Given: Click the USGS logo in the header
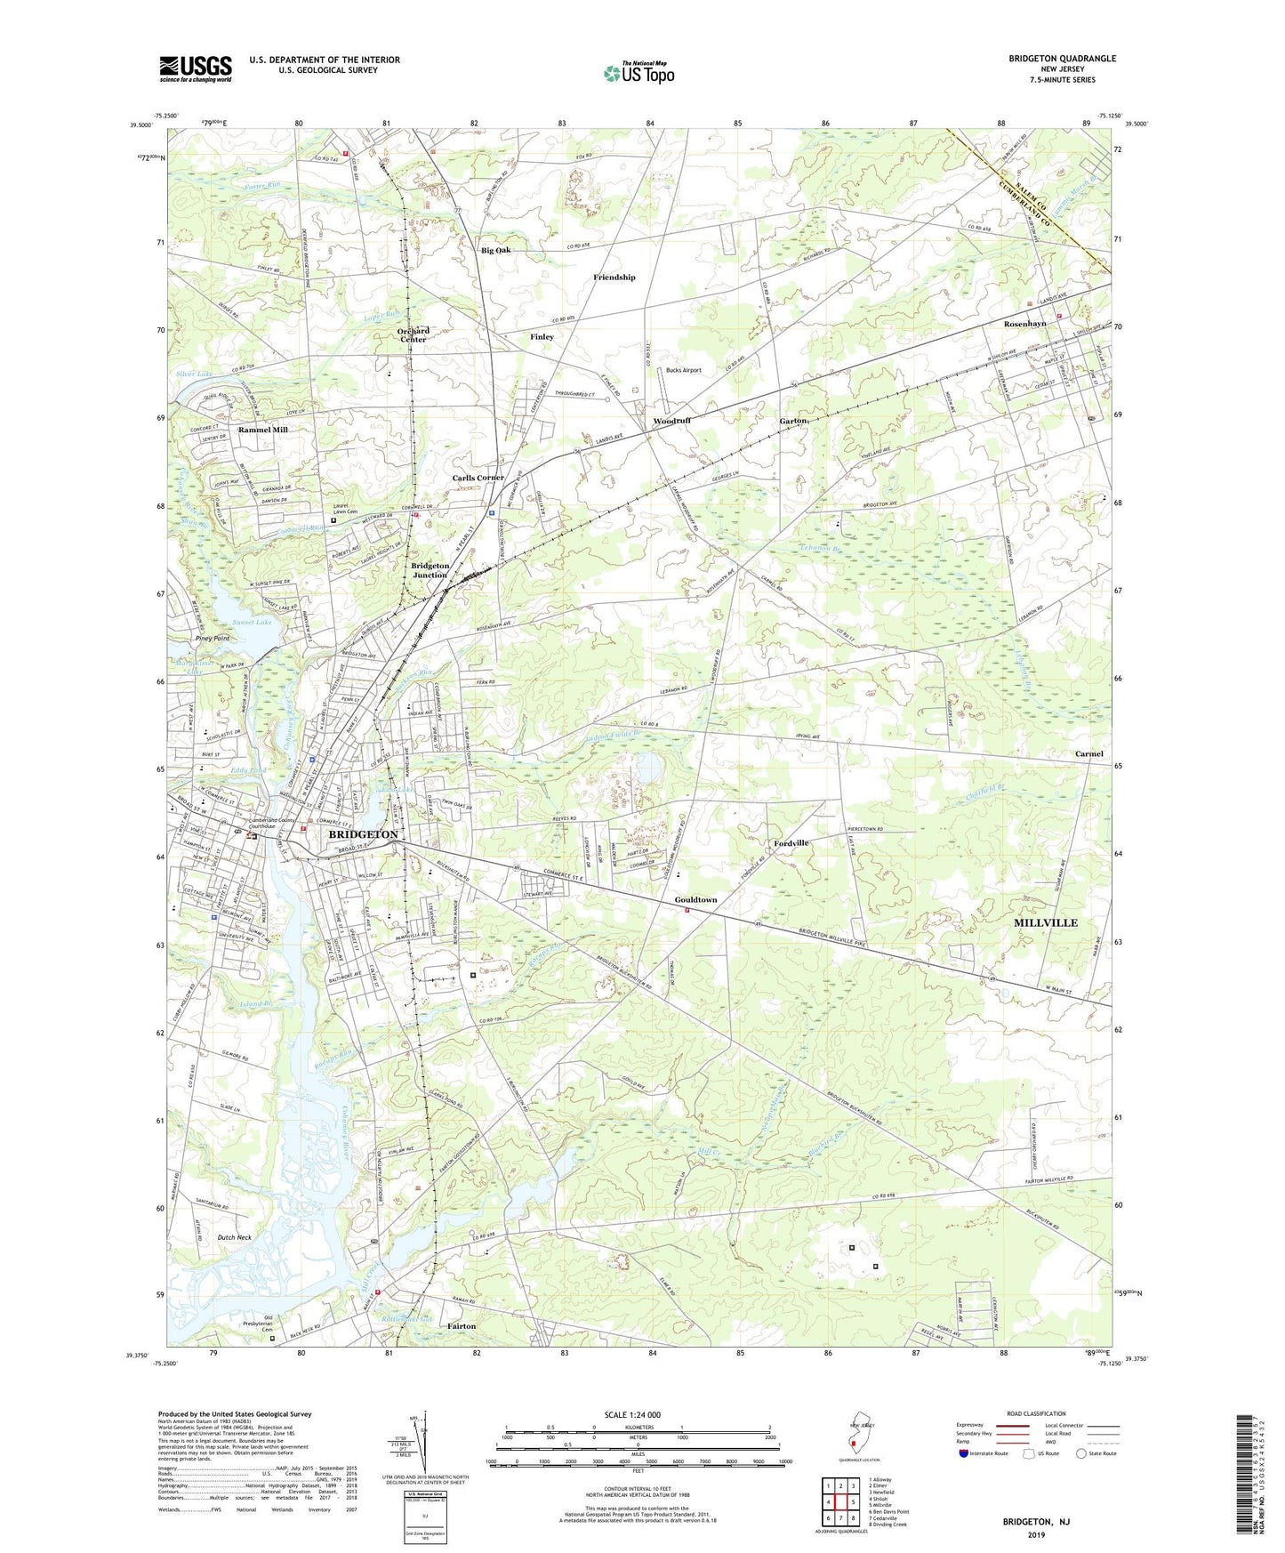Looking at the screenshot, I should point(196,68).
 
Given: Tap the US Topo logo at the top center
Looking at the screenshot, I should point(638,73).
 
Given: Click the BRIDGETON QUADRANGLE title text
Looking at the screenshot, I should point(1062,59).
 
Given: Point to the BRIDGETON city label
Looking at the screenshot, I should point(363,835).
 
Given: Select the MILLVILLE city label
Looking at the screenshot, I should point(1046,923).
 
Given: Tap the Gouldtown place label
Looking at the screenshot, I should point(695,900).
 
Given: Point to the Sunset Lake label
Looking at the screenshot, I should point(252,622).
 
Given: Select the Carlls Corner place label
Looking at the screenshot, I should point(478,478).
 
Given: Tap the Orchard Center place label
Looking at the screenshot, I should point(413,334).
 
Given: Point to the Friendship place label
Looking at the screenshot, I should point(614,278).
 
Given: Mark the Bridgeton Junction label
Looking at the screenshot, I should point(430,570).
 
